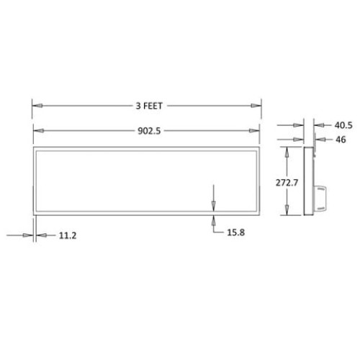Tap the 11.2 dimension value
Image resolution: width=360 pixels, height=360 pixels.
[66, 235]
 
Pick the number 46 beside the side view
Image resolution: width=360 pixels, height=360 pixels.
[341, 139]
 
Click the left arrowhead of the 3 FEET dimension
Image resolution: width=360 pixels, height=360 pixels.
[36, 106]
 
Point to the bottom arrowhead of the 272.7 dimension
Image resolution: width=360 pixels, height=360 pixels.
[287, 212]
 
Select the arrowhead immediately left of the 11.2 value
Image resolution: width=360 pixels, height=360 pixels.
[40, 235]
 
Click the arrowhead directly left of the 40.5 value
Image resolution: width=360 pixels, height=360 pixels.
[318, 125]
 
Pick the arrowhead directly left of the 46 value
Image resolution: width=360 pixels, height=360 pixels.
[318, 139]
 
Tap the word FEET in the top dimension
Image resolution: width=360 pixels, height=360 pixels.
[153, 106]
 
